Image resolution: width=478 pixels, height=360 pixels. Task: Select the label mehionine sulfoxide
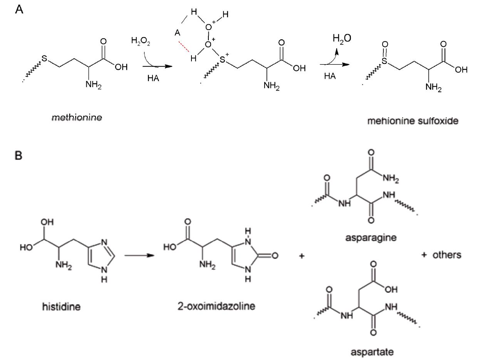click(413, 121)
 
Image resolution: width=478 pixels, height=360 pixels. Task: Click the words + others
click(441, 255)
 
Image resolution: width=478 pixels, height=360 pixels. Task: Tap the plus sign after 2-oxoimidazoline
click(302, 256)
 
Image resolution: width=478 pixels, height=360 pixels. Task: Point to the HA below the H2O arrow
click(330, 76)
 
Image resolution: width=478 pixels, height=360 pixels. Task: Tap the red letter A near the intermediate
click(177, 33)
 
